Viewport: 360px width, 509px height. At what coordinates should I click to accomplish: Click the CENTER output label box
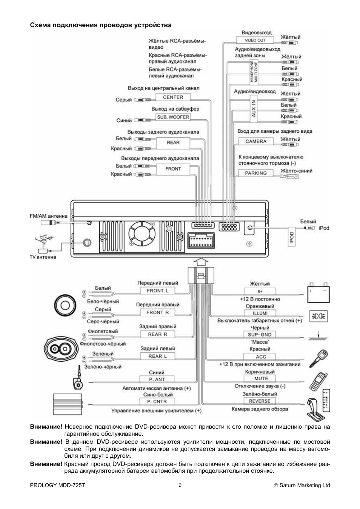pyautogui.click(x=173, y=97)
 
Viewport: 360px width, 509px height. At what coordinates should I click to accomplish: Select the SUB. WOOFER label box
pyautogui.click(x=173, y=117)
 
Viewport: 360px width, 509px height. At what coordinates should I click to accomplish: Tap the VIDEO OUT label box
pyautogui.click(x=255, y=40)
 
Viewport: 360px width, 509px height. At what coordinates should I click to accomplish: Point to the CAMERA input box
pyautogui.click(x=256, y=141)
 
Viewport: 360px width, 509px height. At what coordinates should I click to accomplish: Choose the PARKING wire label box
pyautogui.click(x=256, y=173)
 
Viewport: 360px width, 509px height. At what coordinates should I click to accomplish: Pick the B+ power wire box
pyautogui.click(x=260, y=291)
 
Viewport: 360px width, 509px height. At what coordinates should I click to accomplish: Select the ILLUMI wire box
pyautogui.click(x=260, y=313)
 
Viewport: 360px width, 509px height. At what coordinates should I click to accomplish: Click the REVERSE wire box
pyautogui.click(x=260, y=401)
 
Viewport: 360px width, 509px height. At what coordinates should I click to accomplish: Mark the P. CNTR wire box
pyautogui.click(x=157, y=401)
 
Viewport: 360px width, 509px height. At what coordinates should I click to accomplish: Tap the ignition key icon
pyautogui.click(x=319, y=358)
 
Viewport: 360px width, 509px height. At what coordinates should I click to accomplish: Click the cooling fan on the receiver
pyautogui.click(x=142, y=237)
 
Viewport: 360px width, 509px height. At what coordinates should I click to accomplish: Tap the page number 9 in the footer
pyautogui.click(x=180, y=485)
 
